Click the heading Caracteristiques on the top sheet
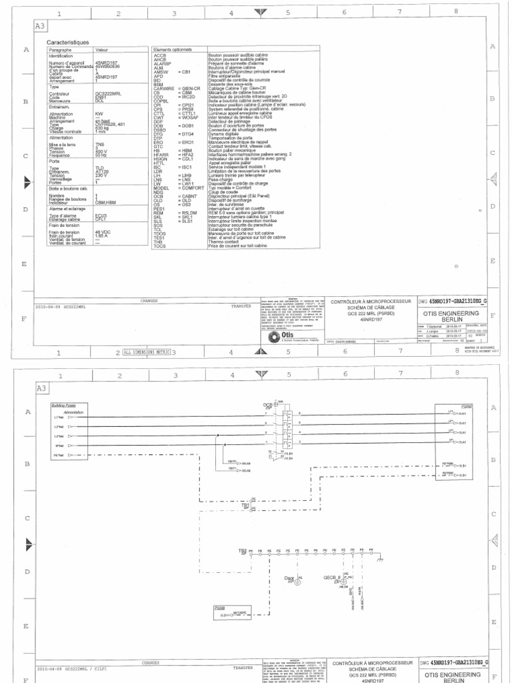click(x=67, y=42)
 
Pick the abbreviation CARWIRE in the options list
click(x=163, y=87)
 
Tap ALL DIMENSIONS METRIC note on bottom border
click(x=147, y=352)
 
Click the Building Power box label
click(x=64, y=405)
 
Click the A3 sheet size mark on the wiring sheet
click(x=42, y=388)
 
